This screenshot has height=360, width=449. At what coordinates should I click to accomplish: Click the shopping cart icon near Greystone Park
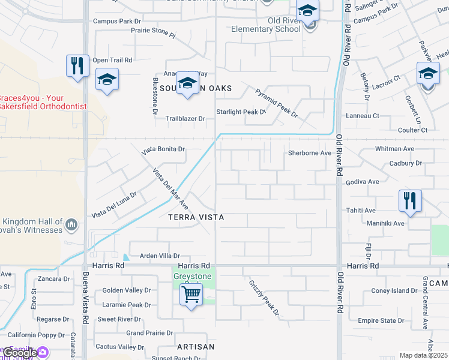click(191, 295)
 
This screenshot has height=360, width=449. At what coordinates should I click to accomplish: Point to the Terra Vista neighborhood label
click(196, 217)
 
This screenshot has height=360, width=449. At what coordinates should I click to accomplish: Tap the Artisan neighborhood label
click(196, 347)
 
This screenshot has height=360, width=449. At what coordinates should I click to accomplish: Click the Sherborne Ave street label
click(310, 153)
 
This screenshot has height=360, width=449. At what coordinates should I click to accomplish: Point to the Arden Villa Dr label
click(160, 256)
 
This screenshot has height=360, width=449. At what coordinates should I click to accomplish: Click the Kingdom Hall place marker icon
click(71, 225)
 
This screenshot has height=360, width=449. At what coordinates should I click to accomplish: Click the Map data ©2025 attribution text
click(423, 355)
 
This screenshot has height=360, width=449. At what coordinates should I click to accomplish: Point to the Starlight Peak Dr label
click(241, 112)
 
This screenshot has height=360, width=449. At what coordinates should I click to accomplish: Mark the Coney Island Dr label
click(393, 291)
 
